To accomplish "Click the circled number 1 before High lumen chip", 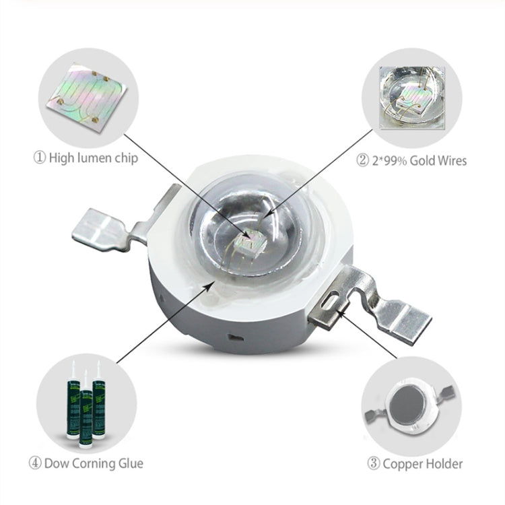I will (x=40, y=160).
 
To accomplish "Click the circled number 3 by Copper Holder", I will (x=374, y=463).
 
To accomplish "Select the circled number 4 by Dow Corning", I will (x=35, y=463).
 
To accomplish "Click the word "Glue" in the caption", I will (x=131, y=463).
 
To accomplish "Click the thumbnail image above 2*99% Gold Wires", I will (x=411, y=98).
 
